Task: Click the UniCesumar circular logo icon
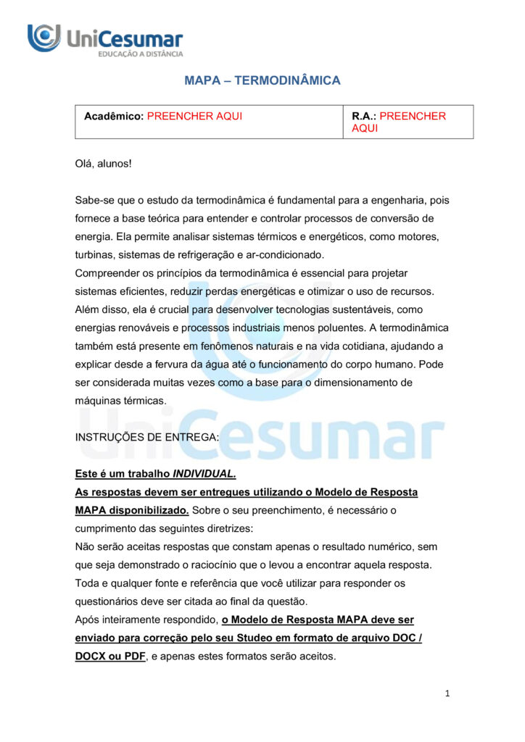[x=44, y=38]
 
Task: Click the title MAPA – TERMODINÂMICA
[x=262, y=80]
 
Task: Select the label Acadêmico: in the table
[x=113, y=116]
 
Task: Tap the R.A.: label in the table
[x=364, y=116]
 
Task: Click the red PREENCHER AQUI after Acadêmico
[x=194, y=116]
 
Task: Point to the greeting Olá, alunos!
[x=104, y=164]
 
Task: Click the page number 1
[x=447, y=693]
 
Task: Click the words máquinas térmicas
[x=121, y=400]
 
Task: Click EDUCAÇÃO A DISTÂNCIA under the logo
[x=141, y=54]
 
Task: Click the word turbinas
[x=94, y=255]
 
